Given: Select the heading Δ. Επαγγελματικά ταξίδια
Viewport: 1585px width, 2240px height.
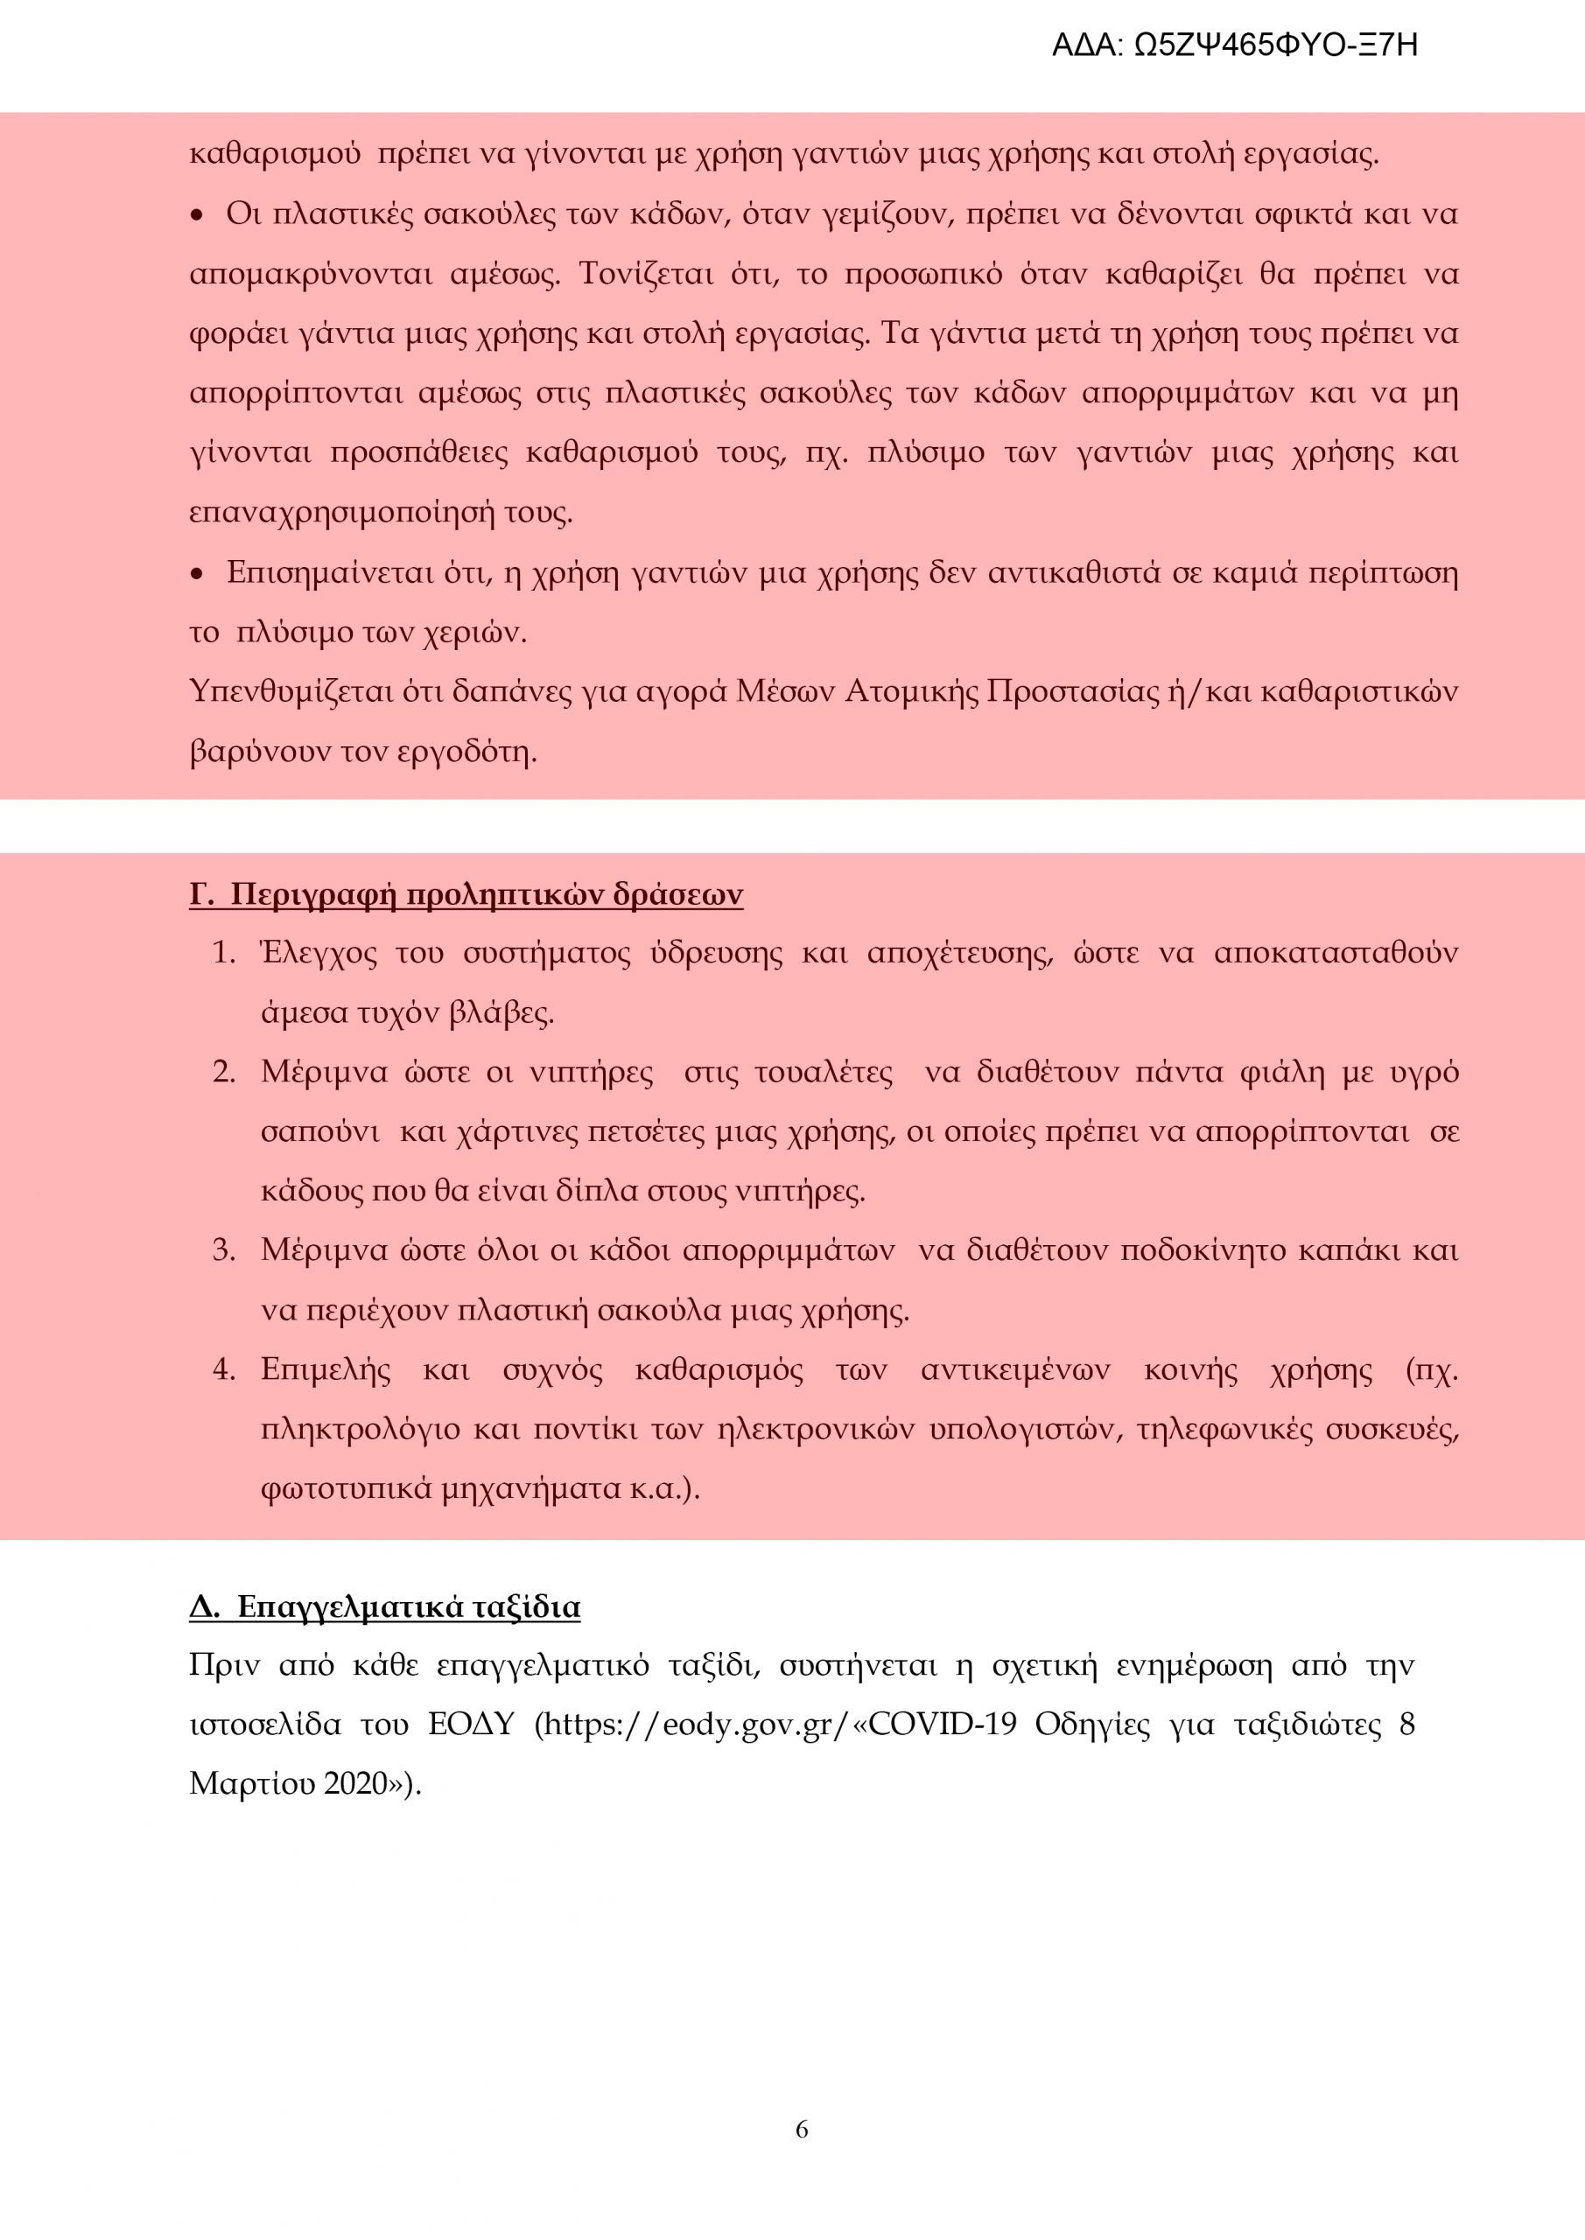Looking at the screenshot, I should coord(384,1606).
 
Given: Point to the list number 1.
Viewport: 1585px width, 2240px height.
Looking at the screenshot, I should coord(223,953).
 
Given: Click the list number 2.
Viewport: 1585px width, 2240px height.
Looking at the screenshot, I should coord(223,1072).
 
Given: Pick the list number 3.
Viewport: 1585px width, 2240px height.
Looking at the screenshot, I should coord(223,1250).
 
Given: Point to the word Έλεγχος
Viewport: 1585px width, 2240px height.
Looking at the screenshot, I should coord(319,953).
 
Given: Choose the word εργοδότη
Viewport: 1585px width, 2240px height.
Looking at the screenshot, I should coord(466,752).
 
